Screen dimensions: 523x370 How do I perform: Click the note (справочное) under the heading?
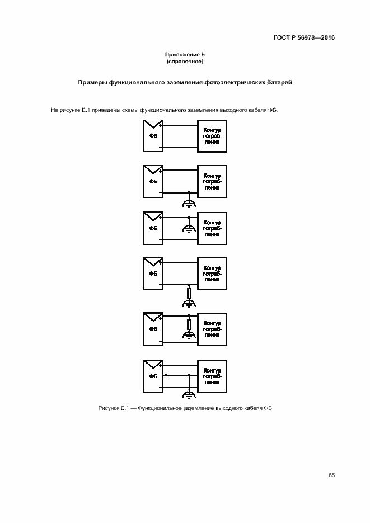(x=185, y=60)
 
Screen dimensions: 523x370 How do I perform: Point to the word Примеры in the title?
(x=93, y=83)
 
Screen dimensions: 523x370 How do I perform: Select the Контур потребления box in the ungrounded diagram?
(x=212, y=135)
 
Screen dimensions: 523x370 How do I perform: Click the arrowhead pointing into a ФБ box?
(x=166, y=375)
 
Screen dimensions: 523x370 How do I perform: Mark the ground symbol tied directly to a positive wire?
(x=189, y=228)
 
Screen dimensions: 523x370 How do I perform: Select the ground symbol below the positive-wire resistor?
(x=189, y=336)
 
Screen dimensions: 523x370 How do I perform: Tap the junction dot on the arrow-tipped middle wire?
(x=189, y=375)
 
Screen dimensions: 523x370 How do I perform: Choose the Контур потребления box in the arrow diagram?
(x=212, y=375)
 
